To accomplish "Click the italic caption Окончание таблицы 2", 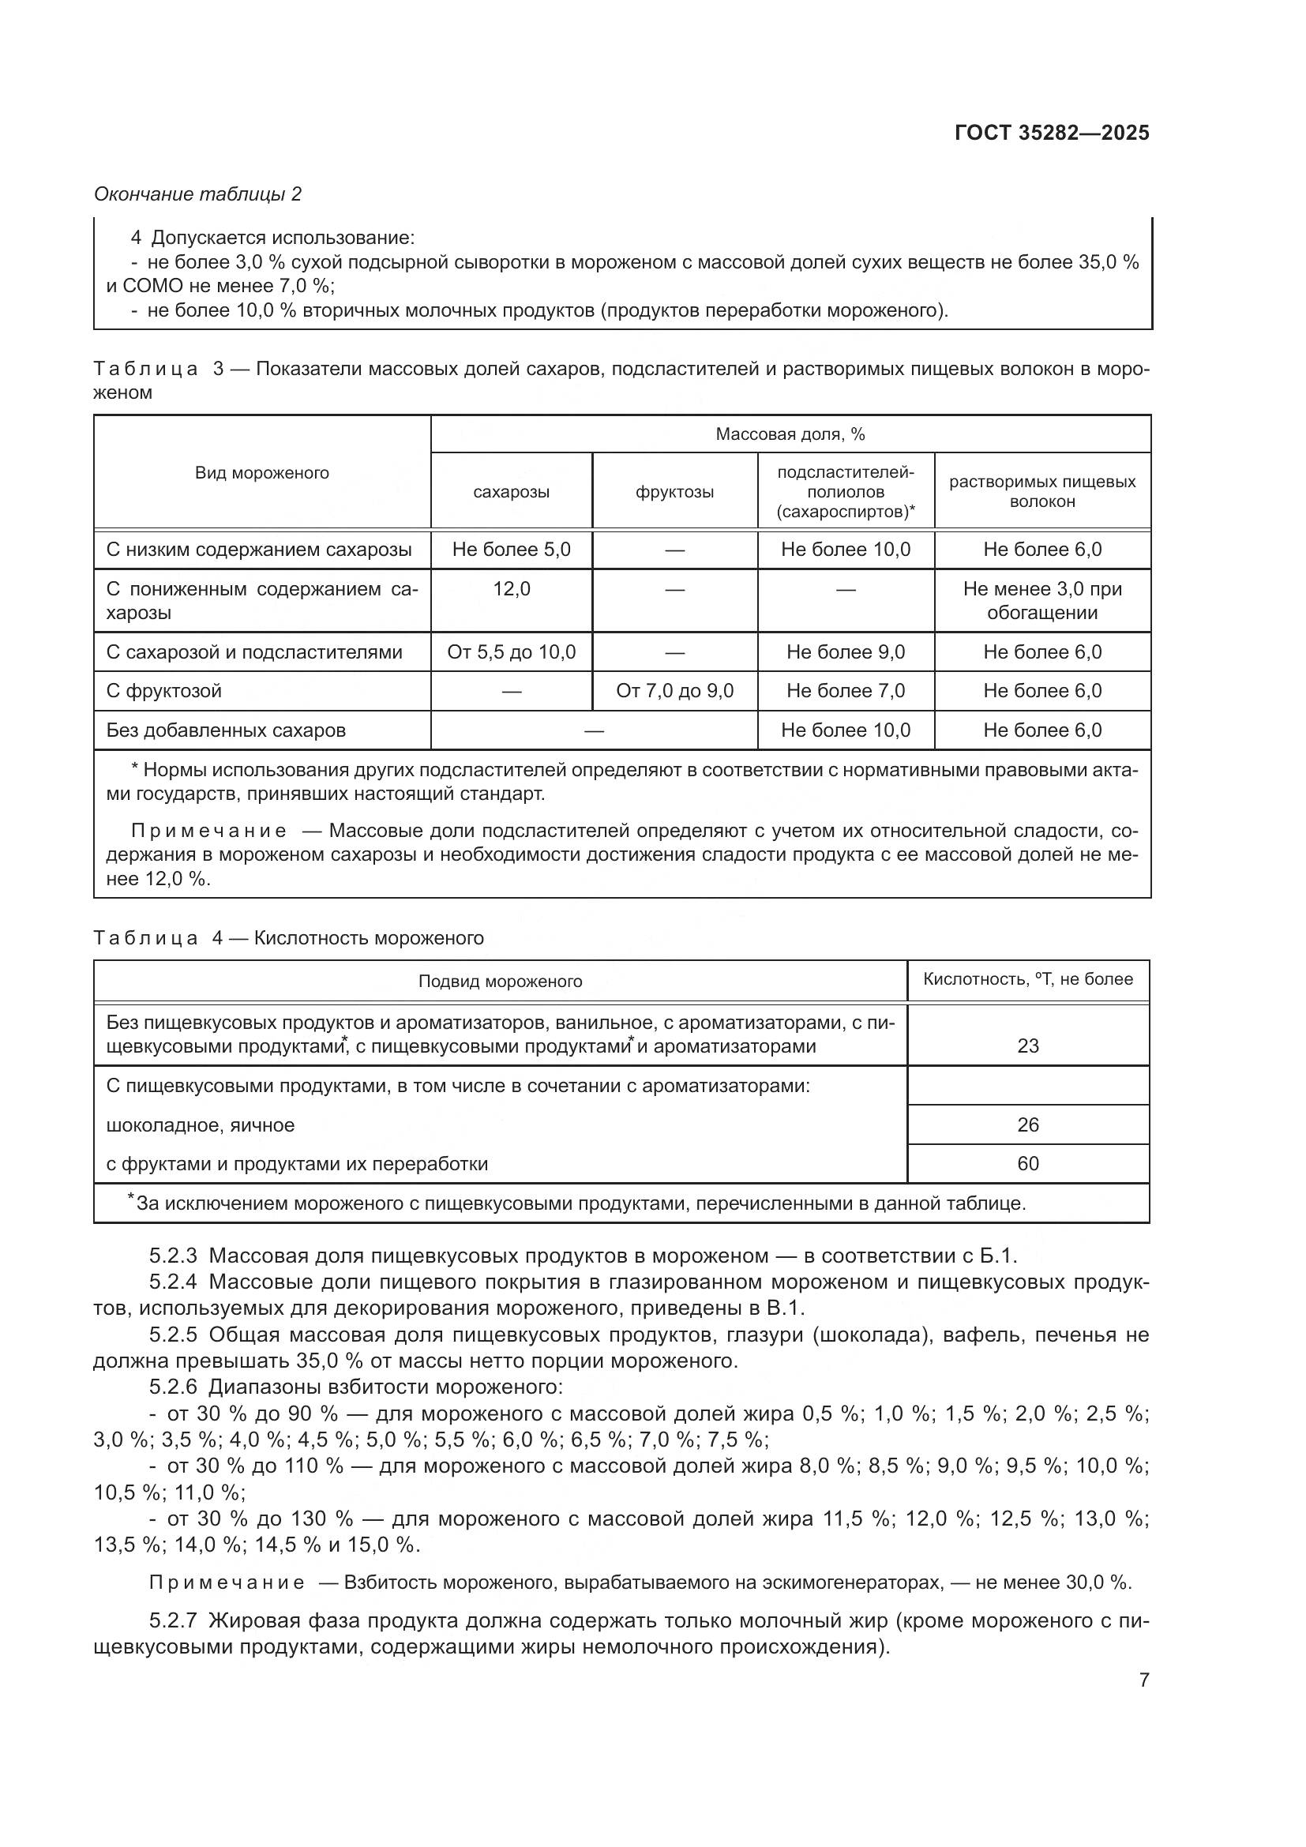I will click(x=198, y=194).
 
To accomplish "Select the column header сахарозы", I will click(x=512, y=491).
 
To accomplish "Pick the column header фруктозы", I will click(x=674, y=491).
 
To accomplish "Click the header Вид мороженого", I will click(x=262, y=472).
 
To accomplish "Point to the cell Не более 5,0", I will click(x=512, y=550).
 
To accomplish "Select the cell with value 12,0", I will click(x=512, y=589).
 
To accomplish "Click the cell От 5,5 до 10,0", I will click(x=512, y=651).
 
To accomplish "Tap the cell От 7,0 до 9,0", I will click(x=674, y=690).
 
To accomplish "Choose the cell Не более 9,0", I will click(x=845, y=651).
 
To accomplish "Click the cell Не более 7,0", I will click(x=845, y=690).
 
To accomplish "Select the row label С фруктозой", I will click(x=164, y=690).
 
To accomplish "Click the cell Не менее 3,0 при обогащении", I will click(x=1042, y=600).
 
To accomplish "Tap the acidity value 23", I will click(x=1028, y=1046).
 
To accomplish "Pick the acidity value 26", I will click(x=1028, y=1124).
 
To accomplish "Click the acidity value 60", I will click(x=1028, y=1163).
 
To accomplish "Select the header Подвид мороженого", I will click(x=500, y=982).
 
